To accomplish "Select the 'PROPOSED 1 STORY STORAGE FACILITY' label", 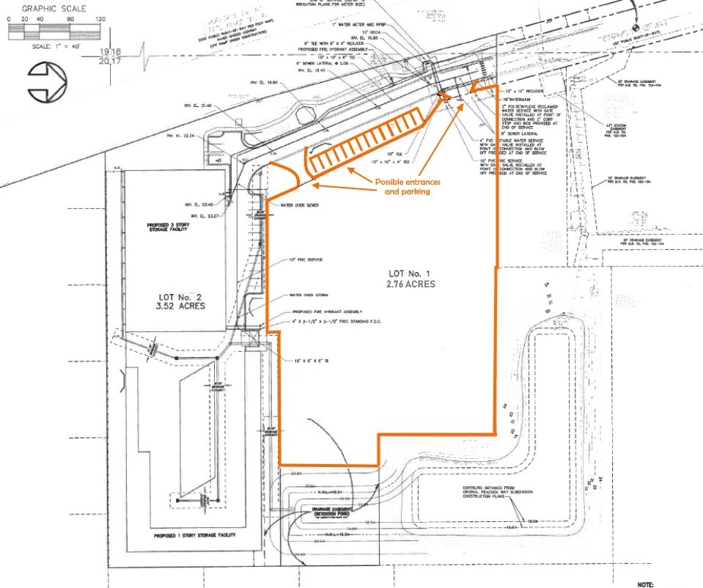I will click(195, 536).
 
